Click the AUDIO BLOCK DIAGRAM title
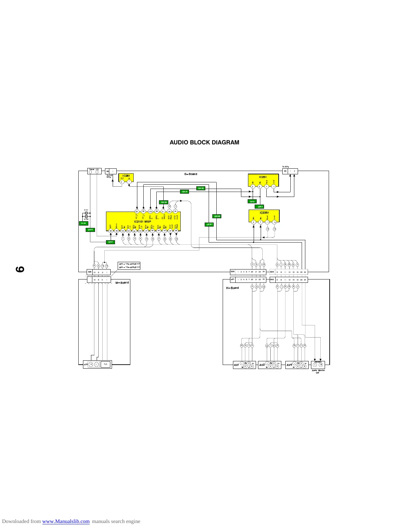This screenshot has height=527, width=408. click(x=204, y=142)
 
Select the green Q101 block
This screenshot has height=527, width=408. click(x=111, y=242)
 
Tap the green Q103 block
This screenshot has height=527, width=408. click(x=90, y=230)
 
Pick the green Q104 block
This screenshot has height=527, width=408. click(x=83, y=223)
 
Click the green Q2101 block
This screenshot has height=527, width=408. click(x=184, y=192)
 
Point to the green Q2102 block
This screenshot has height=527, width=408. click(x=201, y=188)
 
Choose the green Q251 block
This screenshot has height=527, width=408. click(x=252, y=201)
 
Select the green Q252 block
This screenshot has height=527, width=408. click(x=260, y=207)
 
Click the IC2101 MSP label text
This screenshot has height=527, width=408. click(x=142, y=222)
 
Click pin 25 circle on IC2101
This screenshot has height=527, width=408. click(x=137, y=212)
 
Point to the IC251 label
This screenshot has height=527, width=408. click(x=263, y=177)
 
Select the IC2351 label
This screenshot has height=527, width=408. click(x=264, y=213)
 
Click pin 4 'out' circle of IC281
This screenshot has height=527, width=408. click(x=122, y=182)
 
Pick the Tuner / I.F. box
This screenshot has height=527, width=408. click(x=95, y=171)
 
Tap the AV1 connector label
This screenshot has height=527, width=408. click(x=236, y=365)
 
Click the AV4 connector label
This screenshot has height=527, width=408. click(x=289, y=365)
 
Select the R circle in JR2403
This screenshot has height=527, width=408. click(x=321, y=365)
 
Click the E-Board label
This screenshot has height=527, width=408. click(x=191, y=174)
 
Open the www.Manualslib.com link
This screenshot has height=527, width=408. click(x=66, y=521)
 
